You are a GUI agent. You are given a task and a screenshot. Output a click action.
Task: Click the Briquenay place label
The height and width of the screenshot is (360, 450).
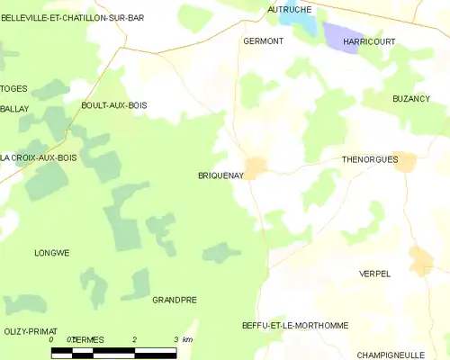coord(219,176)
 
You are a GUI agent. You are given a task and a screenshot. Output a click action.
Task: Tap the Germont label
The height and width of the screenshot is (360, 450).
coord(263,41)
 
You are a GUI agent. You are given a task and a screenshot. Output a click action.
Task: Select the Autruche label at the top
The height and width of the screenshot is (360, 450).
coord(289,9)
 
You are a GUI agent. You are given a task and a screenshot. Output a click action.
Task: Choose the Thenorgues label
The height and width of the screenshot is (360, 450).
coord(370,158)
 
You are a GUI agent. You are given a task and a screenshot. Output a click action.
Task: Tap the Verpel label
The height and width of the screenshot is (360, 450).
coord(374,274)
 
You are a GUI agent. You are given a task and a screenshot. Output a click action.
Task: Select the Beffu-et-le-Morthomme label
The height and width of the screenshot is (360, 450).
coord(295,325)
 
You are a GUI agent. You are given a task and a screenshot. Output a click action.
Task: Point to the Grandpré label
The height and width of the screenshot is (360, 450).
coord(175,300)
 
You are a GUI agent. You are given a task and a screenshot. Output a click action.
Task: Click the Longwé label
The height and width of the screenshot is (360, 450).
coord(51,253)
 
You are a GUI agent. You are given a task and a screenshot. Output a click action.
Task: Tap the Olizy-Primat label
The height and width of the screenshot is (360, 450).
coord(30,331)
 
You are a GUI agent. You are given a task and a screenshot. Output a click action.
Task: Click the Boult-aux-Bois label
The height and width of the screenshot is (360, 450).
coord(113,105)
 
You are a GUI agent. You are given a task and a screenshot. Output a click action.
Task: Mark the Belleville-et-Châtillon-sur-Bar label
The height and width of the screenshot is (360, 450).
coord(73,17)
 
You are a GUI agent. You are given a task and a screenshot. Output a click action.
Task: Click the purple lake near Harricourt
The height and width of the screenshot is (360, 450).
coord(342,36)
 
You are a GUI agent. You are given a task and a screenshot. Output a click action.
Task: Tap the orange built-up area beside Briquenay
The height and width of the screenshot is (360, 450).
coord(256,166)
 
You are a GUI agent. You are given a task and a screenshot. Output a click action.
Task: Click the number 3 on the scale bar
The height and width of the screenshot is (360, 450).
coord(175,339)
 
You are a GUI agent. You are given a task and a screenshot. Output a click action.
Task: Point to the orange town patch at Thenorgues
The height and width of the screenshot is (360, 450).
coord(404,161)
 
